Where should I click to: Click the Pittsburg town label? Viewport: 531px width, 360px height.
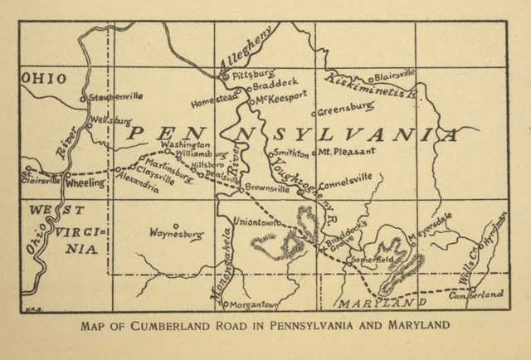(251, 74)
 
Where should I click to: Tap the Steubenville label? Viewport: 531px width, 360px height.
(116, 96)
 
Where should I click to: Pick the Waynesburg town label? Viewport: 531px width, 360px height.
(176, 235)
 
